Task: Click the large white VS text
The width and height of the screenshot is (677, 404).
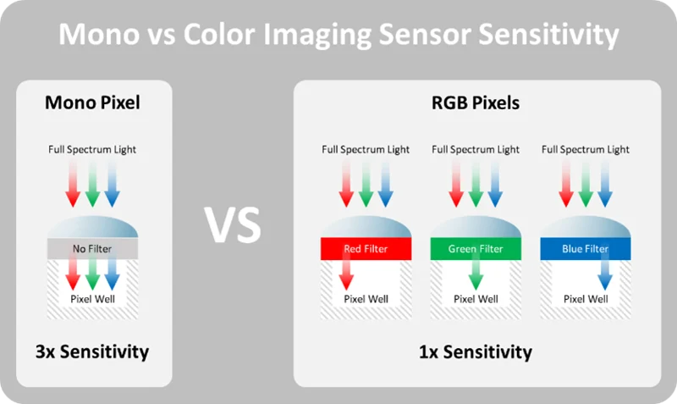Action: point(233,224)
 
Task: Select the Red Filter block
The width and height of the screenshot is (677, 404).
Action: point(366,248)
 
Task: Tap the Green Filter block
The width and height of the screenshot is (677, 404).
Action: point(476,248)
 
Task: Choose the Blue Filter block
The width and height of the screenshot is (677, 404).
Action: point(585,248)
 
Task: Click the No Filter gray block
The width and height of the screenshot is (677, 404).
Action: point(92,248)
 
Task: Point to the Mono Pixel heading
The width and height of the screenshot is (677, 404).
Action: point(92,102)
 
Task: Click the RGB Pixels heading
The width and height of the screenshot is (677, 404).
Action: point(476,102)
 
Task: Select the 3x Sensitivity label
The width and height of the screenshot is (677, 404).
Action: point(92,351)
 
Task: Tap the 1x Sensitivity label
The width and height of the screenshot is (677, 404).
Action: point(476,351)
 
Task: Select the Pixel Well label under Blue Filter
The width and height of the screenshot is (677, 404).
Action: point(586,299)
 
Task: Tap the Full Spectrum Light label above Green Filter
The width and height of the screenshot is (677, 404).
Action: point(476,150)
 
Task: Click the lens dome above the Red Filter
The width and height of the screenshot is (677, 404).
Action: point(366,226)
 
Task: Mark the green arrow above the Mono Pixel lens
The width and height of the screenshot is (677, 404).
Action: point(92,184)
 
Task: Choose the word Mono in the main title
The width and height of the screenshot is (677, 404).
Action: point(99,34)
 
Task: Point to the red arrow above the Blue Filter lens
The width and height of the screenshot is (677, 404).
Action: point(565,184)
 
